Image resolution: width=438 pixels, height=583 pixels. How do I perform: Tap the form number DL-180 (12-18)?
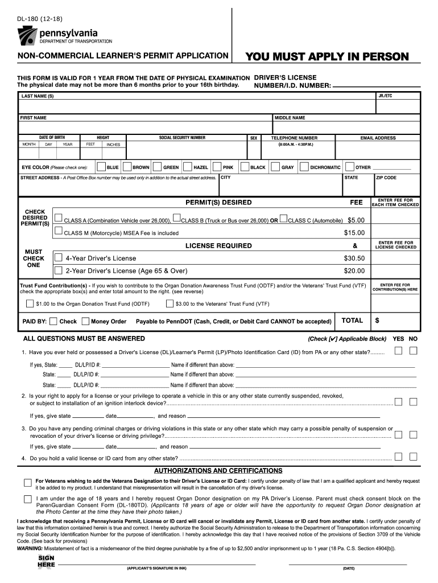(39, 19)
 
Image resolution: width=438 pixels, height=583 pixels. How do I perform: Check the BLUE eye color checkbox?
(101, 167)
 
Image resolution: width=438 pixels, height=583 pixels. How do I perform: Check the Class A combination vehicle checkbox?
(58, 218)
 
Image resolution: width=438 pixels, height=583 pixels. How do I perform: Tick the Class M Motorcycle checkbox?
(58, 232)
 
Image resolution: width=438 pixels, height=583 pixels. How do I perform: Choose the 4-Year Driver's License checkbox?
(58, 257)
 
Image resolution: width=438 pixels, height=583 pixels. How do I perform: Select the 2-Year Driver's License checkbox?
(58, 270)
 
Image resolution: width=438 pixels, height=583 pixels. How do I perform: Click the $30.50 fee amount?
(354, 258)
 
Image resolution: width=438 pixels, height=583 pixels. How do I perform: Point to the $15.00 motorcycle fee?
(354, 232)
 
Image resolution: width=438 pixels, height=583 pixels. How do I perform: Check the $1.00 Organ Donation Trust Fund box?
(30, 304)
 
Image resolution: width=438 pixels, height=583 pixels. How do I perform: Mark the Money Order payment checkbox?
(85, 321)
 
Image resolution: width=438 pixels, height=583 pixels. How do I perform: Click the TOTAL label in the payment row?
(352, 321)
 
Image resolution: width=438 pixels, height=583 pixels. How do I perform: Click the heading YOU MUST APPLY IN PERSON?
(327, 56)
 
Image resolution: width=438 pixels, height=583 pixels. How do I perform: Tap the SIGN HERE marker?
(46, 561)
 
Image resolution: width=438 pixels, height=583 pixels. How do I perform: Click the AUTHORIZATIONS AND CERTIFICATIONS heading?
(218, 471)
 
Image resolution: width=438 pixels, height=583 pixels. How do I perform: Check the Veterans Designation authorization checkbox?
(27, 483)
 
